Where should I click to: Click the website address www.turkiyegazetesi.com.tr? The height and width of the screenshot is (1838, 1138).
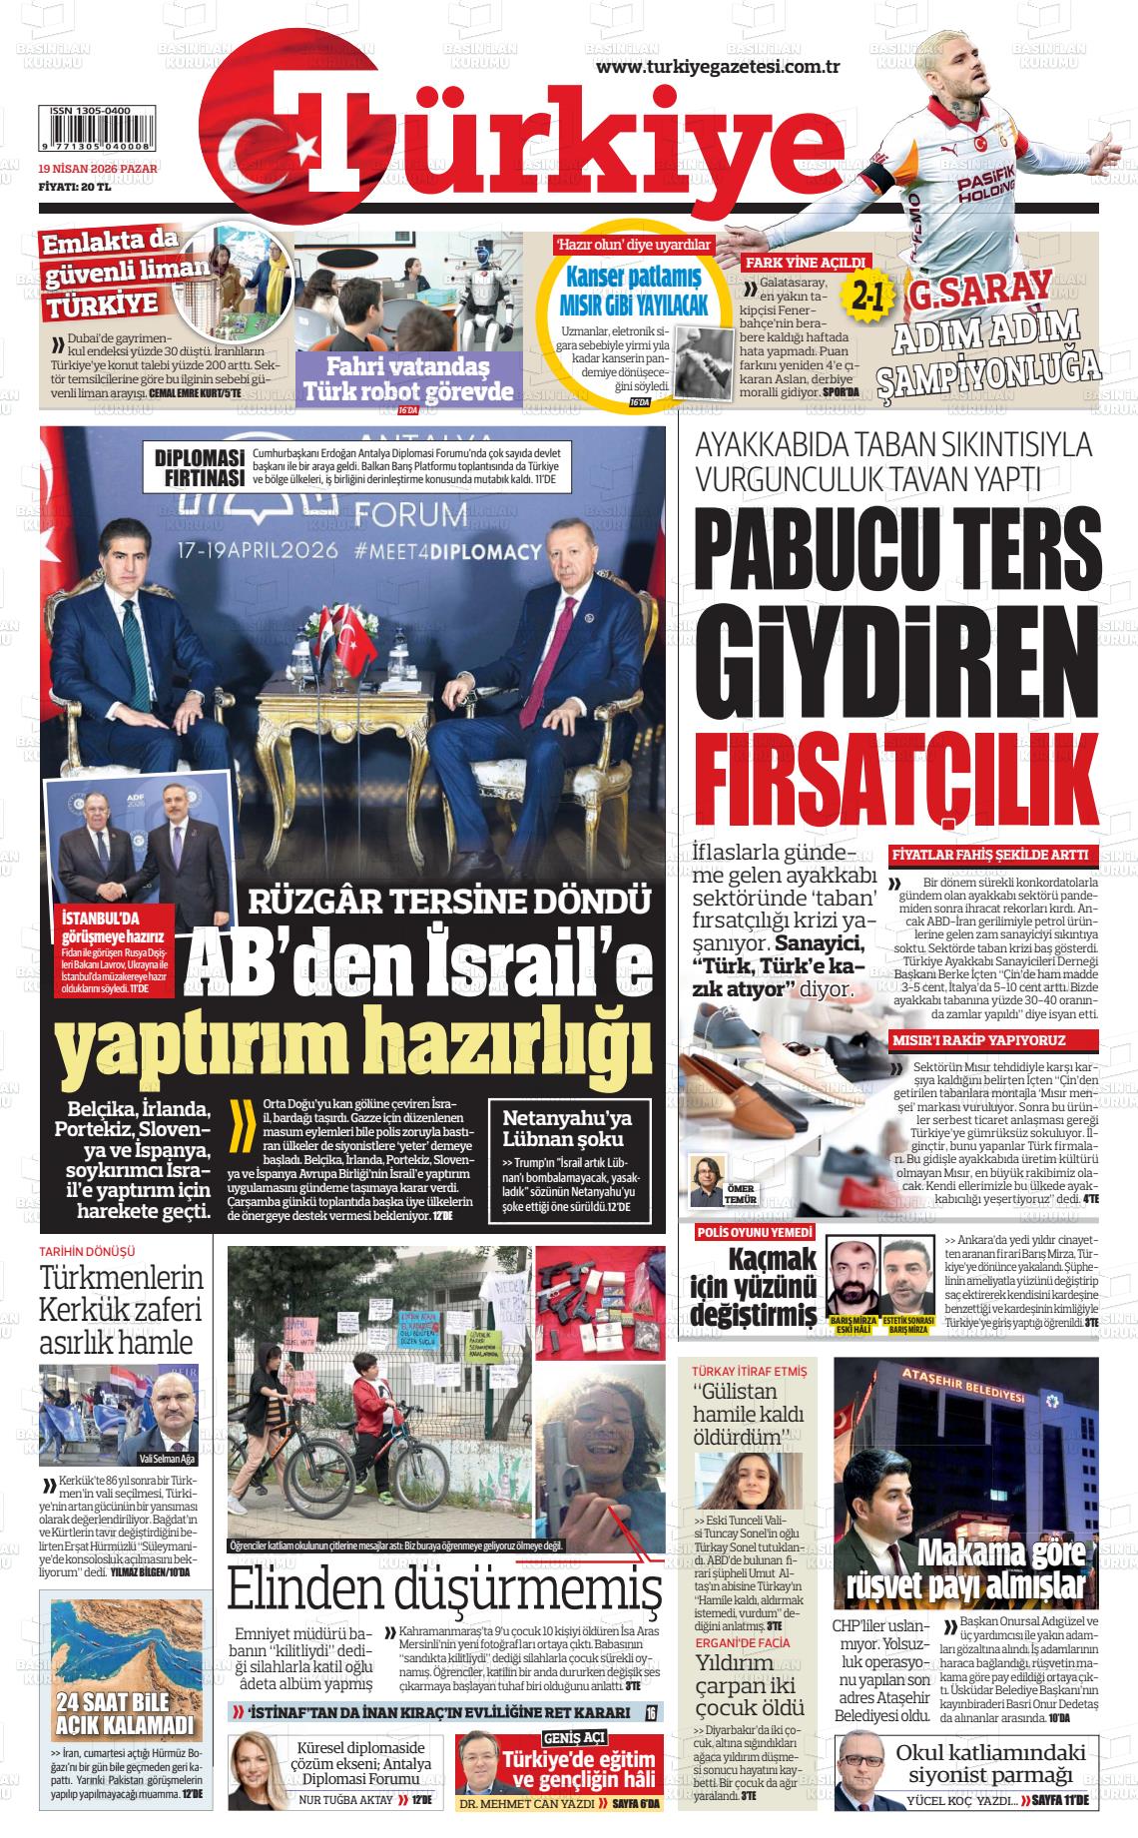(x=717, y=66)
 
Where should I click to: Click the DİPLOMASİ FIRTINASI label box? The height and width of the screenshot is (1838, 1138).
(x=200, y=468)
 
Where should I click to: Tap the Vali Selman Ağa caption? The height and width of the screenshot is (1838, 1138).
(x=167, y=1458)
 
